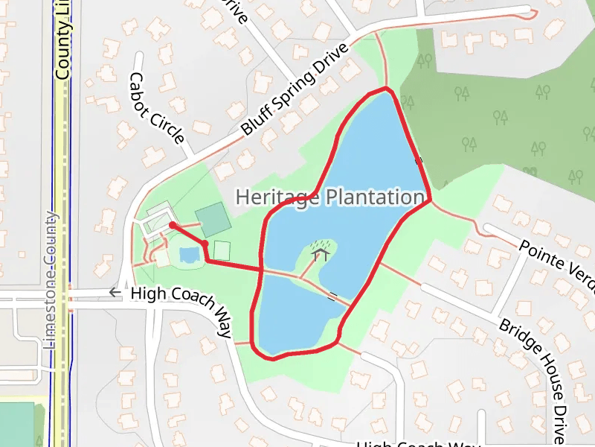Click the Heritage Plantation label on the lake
coord(329,197)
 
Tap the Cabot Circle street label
coord(156,108)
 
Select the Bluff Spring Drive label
coord(295,90)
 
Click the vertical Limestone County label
coord(51,280)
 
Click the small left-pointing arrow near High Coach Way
coord(114,293)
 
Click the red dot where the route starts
coord(172,225)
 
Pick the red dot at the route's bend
coord(205,243)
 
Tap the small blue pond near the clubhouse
coord(189,255)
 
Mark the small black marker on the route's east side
coord(419,159)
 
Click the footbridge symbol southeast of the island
coord(332,297)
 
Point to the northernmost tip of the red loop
coord(385,88)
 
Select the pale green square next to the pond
coord(222,250)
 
